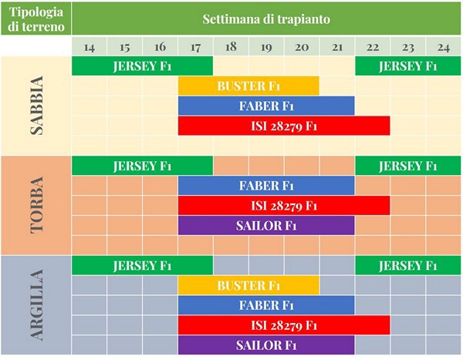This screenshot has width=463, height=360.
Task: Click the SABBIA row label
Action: tap(35, 106)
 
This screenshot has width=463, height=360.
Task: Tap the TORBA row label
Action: tap(35, 206)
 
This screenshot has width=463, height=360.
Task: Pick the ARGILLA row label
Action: tap(35, 306)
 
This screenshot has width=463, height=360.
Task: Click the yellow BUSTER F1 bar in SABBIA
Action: tap(248, 86)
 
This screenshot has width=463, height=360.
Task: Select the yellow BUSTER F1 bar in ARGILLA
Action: tap(248, 285)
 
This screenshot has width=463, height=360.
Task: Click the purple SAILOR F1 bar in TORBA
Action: tap(266, 225)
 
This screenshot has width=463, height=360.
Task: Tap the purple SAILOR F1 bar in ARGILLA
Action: tap(266, 345)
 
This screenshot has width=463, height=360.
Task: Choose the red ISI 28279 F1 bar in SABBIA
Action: tap(284, 126)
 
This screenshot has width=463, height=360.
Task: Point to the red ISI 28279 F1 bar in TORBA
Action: tap(284, 205)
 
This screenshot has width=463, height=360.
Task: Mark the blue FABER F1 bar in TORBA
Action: tap(266, 185)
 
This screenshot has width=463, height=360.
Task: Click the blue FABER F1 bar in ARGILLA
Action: tap(266, 304)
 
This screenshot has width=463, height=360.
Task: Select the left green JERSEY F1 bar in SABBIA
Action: tap(142, 66)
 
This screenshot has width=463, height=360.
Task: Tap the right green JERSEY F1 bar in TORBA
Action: tap(407, 166)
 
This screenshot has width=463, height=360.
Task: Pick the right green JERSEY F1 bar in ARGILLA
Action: tap(407, 265)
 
